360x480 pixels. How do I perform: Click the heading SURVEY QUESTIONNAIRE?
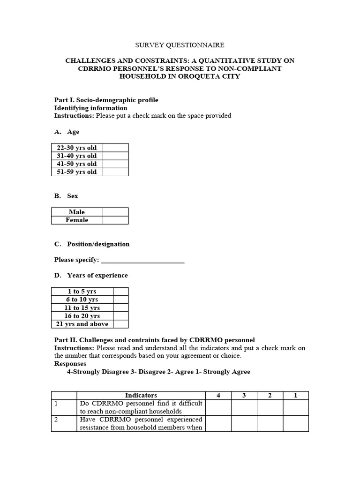pos(180,45)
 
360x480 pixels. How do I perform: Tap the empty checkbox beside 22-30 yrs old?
pos(115,148)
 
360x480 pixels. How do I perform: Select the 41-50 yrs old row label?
pos(77,164)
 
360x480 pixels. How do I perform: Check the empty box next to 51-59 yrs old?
pos(115,172)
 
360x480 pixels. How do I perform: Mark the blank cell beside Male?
pos(115,212)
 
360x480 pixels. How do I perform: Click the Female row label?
pos(77,220)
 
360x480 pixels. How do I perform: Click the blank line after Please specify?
pos(142,260)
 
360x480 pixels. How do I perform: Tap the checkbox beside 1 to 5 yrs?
pos(120,292)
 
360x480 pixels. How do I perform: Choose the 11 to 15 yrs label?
pos(82,308)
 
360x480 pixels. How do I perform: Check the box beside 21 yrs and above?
pos(120,324)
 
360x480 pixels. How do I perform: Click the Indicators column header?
pos(141,395)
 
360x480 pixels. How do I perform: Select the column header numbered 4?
pos(218,395)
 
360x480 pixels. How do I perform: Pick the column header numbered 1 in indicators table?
pos(295,395)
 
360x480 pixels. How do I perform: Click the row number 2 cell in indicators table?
pos(64,423)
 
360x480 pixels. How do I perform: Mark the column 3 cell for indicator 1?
pos(244,407)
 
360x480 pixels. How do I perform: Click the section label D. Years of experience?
pos(91,275)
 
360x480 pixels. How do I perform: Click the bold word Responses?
pos(70,363)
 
